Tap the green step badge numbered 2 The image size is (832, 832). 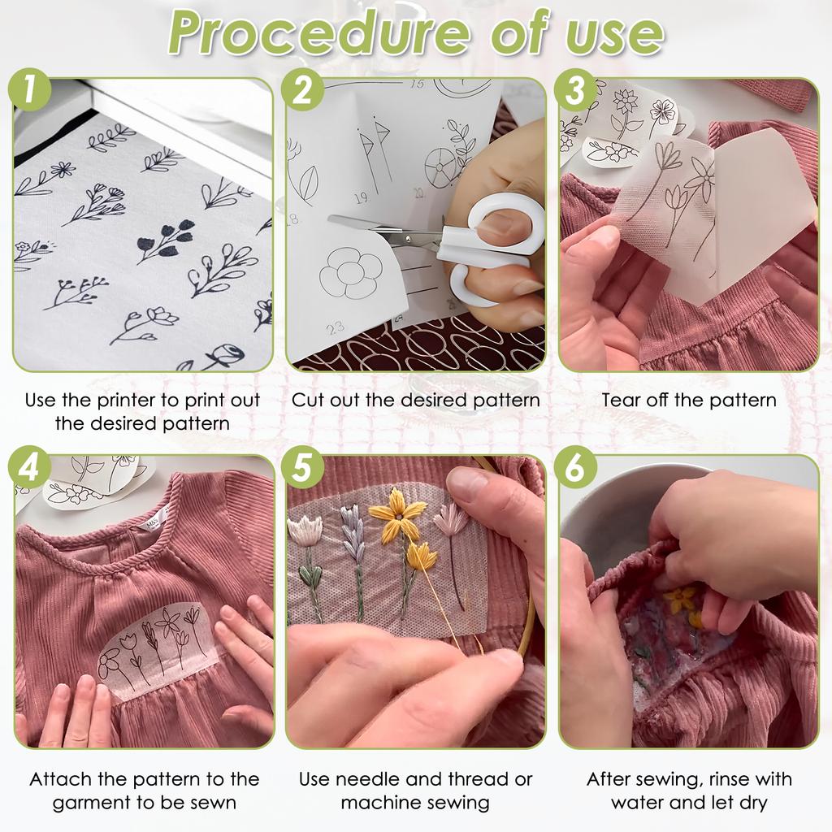click(x=301, y=91)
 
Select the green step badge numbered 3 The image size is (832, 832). click(x=575, y=91)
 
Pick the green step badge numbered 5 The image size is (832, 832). click(x=301, y=469)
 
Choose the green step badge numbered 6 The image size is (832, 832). click(x=575, y=469)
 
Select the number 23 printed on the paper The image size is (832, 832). click(x=335, y=327)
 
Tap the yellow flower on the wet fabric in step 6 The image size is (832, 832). click(x=681, y=601)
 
